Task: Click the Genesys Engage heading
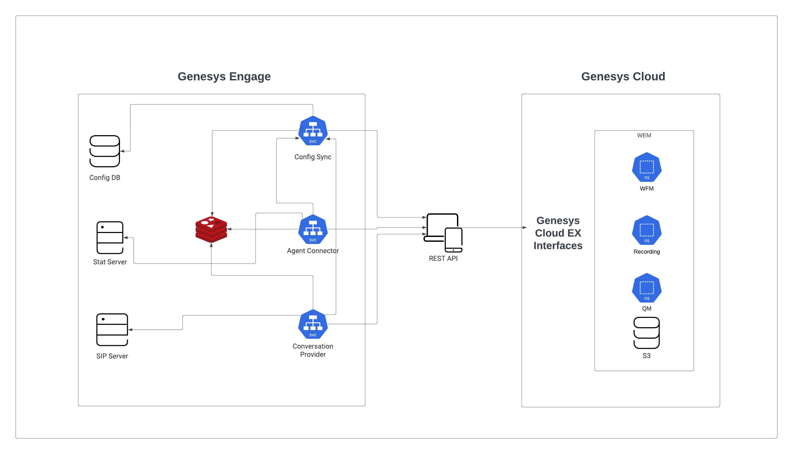(x=224, y=76)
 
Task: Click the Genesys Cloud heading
(x=623, y=76)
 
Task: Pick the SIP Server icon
(x=112, y=330)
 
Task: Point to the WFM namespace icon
(x=646, y=167)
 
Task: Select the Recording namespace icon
(x=646, y=230)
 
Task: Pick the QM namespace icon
(x=646, y=288)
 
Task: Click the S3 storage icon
(x=646, y=333)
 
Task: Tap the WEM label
(x=644, y=135)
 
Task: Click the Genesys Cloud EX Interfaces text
(x=558, y=233)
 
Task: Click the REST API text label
(x=443, y=259)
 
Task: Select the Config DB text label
(x=105, y=177)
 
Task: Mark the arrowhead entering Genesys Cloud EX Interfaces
(x=525, y=228)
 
